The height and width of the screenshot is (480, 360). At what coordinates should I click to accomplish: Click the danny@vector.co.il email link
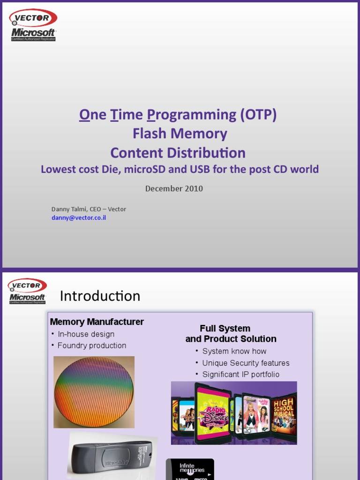tap(79, 218)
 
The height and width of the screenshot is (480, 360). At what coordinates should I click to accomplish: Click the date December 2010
tap(174, 188)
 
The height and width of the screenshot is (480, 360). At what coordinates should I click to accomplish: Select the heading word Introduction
tap(100, 296)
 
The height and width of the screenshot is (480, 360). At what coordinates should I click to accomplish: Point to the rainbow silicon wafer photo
tap(94, 391)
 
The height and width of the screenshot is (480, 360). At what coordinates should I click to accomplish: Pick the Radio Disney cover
tap(213, 412)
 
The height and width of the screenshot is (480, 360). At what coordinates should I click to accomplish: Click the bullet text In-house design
tap(86, 334)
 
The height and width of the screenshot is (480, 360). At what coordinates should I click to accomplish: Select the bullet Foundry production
tap(92, 345)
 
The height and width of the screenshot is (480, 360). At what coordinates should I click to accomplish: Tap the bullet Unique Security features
tap(246, 363)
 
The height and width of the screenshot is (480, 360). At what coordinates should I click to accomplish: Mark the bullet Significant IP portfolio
tap(240, 374)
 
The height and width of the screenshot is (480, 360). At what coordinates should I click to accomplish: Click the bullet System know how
tap(234, 351)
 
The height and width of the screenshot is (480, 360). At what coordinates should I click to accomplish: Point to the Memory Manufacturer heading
tap(97, 322)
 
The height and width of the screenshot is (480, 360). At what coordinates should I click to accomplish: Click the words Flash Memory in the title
tap(180, 134)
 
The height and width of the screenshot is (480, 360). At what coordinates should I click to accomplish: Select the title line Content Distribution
tap(178, 153)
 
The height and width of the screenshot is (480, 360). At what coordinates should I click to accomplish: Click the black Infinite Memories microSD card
tap(190, 470)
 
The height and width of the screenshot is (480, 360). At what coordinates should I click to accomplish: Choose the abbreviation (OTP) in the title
tap(258, 115)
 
